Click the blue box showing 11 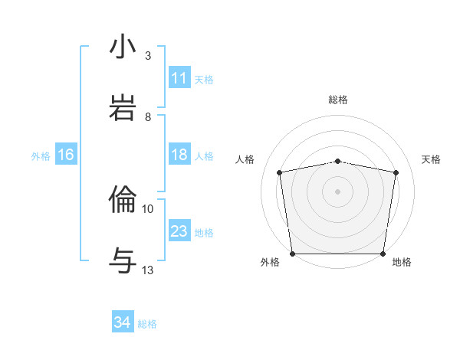179,78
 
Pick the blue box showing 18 179,155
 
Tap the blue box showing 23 179,231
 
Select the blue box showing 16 66,155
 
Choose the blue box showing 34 123,322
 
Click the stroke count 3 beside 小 148,56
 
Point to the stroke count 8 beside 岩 148,117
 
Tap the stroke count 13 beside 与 148,270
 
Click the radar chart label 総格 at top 338,100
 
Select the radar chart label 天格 431,159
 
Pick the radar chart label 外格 270,262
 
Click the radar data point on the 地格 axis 383,254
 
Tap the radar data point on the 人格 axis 280,172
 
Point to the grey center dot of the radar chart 338,191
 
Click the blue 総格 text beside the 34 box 147,324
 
